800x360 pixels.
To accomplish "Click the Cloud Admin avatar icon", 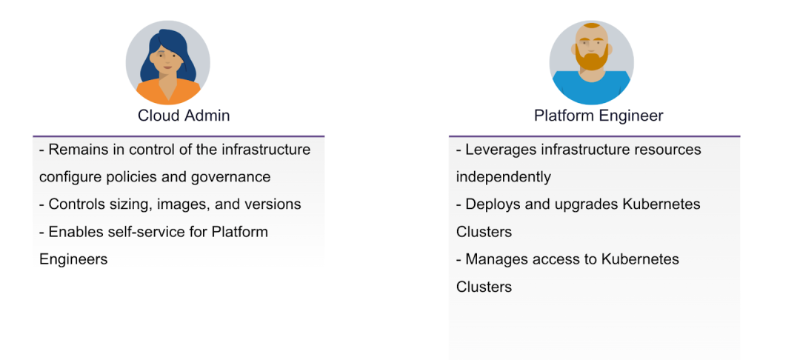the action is click(168, 63).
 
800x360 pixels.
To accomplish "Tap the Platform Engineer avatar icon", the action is click(591, 63).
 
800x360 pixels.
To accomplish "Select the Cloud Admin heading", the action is click(184, 116).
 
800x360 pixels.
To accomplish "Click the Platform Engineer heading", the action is click(599, 116).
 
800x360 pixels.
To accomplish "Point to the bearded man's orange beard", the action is click(592, 56).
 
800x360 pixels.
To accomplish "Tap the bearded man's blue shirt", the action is click(591, 88).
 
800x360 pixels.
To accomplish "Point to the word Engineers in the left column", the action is click(73, 259).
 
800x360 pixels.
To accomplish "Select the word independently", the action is click(504, 177).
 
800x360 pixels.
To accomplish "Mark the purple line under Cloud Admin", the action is click(179, 136).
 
